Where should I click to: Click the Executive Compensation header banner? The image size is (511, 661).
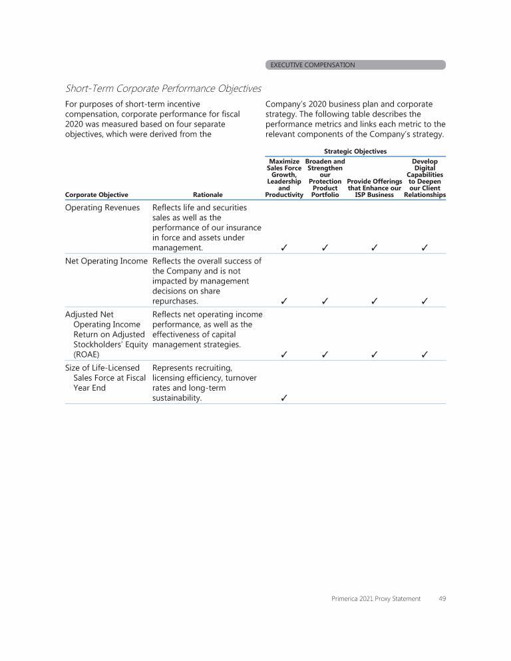pyautogui.click(x=355, y=65)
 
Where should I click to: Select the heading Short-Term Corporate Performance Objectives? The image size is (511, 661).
pyautogui.click(x=163, y=89)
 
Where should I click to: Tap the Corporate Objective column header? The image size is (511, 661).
pyautogui.click(x=96, y=195)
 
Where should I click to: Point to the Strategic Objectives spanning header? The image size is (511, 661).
pyautogui.click(x=355, y=152)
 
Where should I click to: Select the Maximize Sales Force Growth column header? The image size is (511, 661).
pyautogui.click(x=284, y=178)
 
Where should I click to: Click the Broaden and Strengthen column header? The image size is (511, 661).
pyautogui.click(x=325, y=178)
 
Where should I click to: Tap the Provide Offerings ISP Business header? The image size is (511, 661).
pyautogui.click(x=375, y=188)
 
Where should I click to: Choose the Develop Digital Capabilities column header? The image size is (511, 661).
pyautogui.click(x=425, y=178)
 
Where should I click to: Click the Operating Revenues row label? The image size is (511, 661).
pyautogui.click(x=102, y=208)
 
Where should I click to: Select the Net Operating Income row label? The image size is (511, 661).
pyautogui.click(x=106, y=261)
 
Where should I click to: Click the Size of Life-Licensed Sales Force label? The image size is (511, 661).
pyautogui.click(x=102, y=377)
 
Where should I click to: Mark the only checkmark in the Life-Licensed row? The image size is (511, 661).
pyautogui.click(x=284, y=399)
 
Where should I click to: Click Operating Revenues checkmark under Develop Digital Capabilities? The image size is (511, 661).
pyautogui.click(x=425, y=248)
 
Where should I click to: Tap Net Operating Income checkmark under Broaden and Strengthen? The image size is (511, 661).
pyautogui.click(x=325, y=301)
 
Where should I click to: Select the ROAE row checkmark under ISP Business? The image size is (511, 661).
pyautogui.click(x=375, y=354)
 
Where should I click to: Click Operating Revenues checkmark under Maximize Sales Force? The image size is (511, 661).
pyautogui.click(x=284, y=248)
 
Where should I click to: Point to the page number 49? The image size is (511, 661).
pyautogui.click(x=442, y=599)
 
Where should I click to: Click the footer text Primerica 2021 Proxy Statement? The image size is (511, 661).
pyautogui.click(x=376, y=599)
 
